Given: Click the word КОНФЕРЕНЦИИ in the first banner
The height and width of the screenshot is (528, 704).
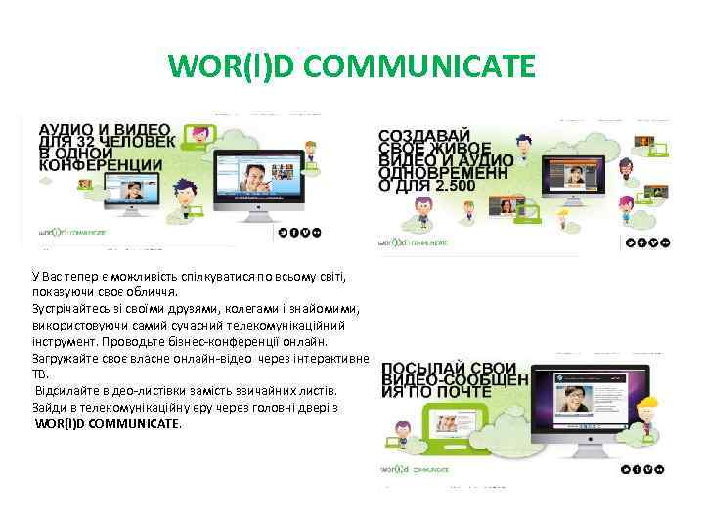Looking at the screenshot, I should pos(101,166).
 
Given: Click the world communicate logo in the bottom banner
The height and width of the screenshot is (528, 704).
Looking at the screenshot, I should pos(415,470).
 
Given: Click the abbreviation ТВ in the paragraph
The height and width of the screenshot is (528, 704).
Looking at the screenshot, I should pos(41,374).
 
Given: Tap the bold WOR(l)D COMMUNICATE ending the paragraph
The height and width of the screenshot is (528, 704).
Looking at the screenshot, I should pos(108,424).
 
